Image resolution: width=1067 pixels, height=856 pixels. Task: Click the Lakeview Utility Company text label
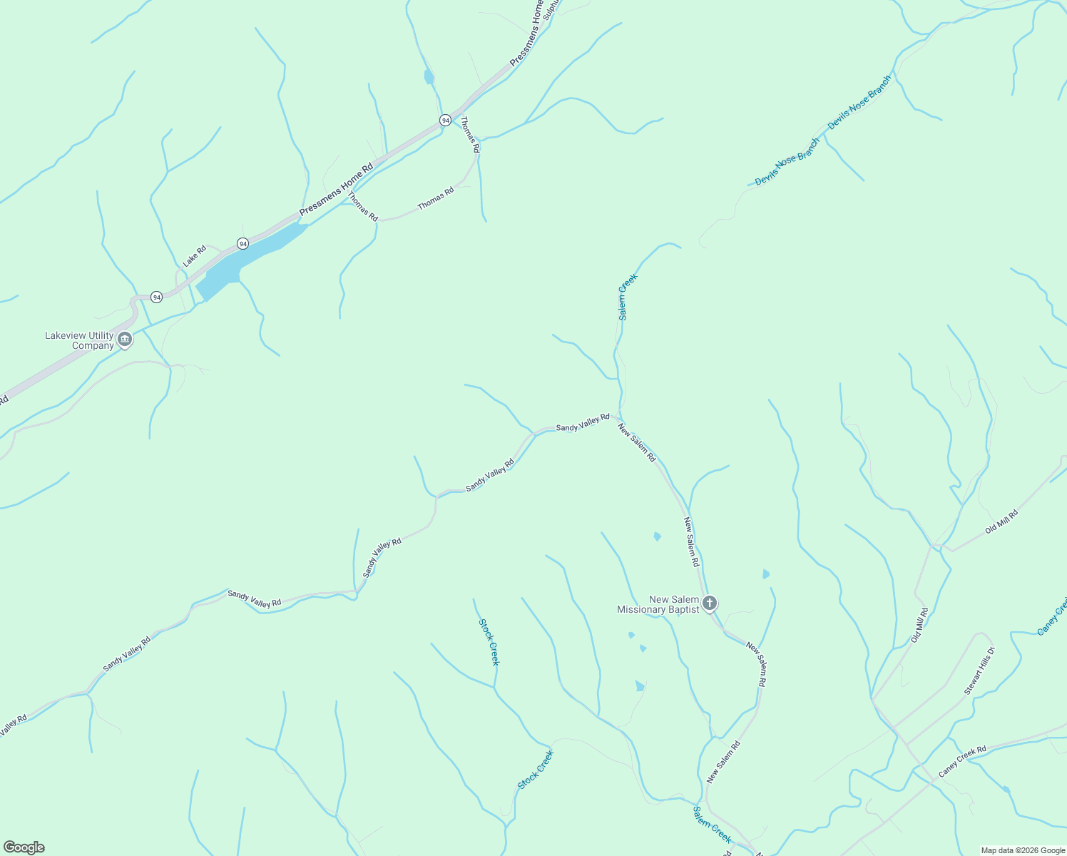point(79,340)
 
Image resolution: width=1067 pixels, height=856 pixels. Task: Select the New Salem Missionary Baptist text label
point(658,604)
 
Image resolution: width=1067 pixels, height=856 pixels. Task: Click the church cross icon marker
point(709,603)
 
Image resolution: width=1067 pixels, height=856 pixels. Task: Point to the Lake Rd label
point(194,255)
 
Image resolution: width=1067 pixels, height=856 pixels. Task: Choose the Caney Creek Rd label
point(962,761)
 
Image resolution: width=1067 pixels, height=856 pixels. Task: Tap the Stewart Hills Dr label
point(979,671)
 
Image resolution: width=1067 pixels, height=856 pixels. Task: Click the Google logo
point(24,847)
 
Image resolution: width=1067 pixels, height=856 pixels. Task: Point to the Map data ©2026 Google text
point(1022,850)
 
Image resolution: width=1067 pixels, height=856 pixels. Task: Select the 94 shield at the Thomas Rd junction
point(445,120)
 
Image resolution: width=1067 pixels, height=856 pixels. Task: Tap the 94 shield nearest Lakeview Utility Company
point(157,296)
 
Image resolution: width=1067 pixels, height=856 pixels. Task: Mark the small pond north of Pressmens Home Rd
point(428,76)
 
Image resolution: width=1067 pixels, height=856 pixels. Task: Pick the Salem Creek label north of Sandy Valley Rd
point(627,297)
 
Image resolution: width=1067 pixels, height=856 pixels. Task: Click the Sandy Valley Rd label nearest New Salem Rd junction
point(583,422)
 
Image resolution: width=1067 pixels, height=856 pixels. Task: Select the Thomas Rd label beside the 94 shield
point(469,135)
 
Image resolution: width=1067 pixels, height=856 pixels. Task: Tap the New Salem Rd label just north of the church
point(691,542)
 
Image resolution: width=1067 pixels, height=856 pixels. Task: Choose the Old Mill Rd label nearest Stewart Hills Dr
point(920,625)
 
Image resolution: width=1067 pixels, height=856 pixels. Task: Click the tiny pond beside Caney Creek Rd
point(1006,789)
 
